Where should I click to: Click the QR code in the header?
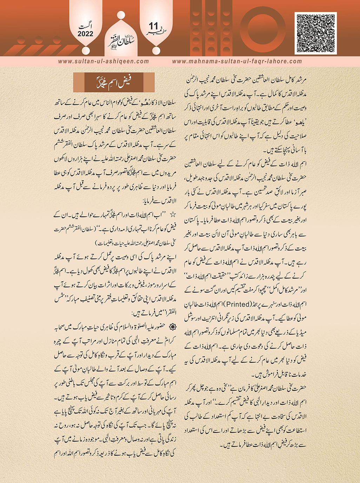pos(315,33)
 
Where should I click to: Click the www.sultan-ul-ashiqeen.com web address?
pos(104,61)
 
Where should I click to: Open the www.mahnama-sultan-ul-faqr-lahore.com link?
pos(237,61)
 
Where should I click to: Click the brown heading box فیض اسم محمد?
pos(114,83)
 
